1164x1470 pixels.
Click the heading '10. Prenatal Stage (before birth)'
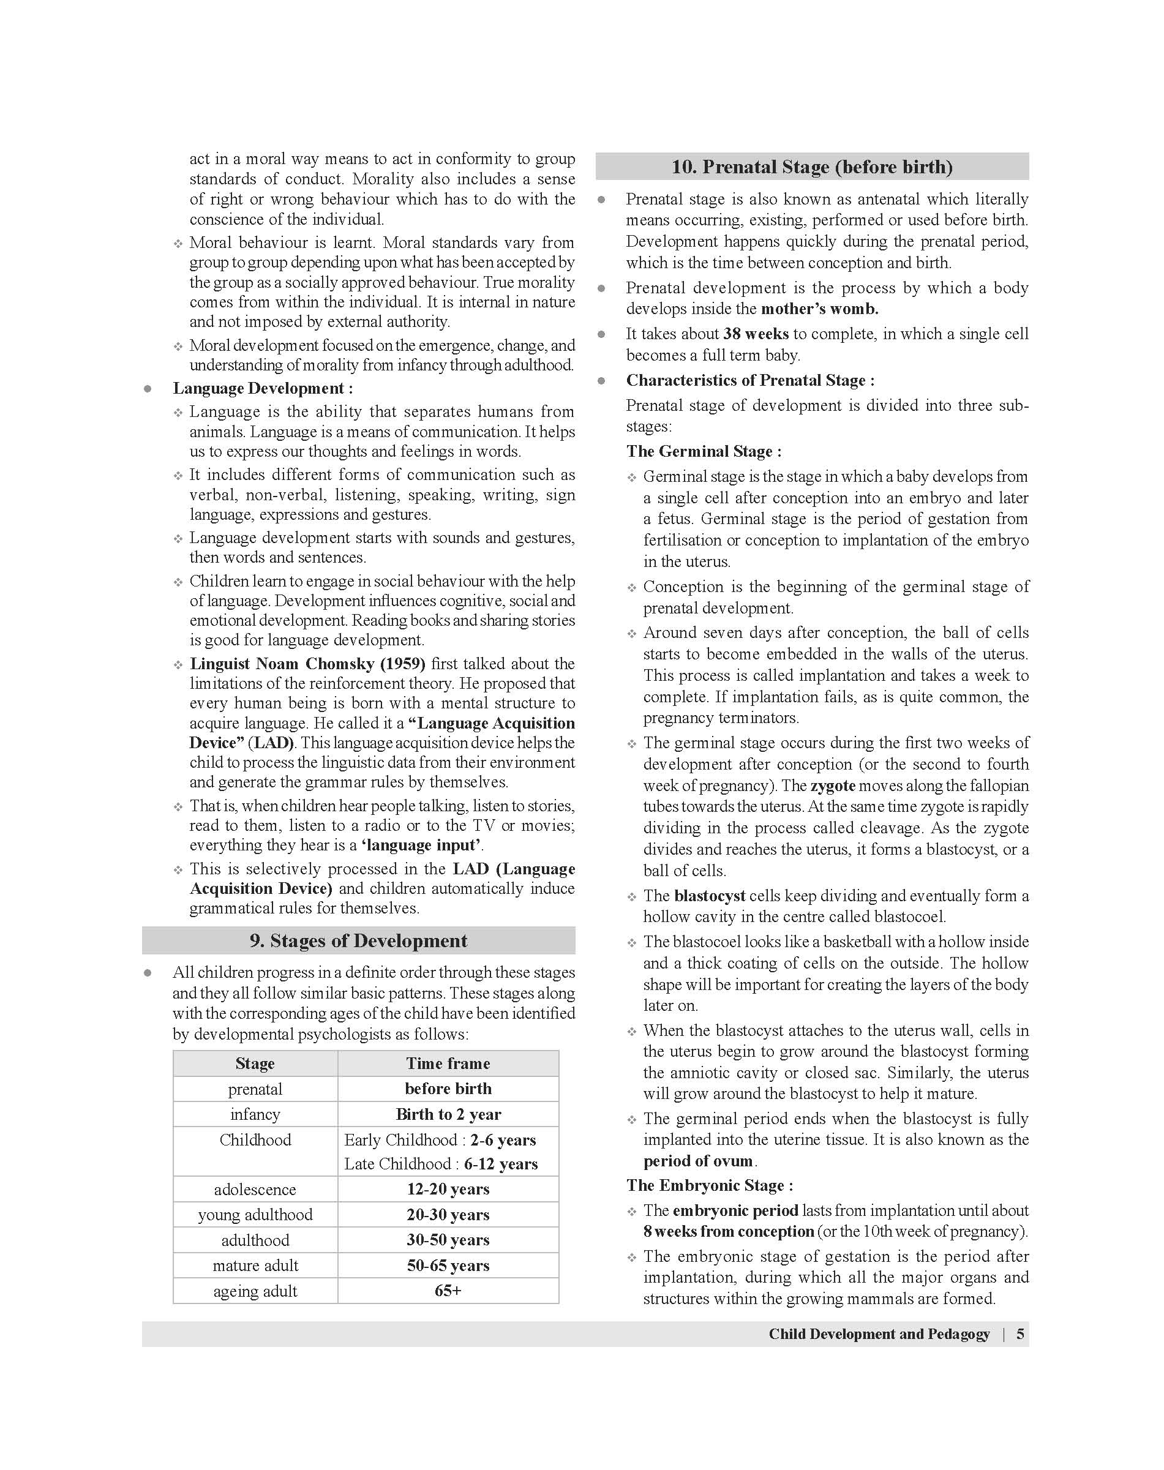(812, 167)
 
